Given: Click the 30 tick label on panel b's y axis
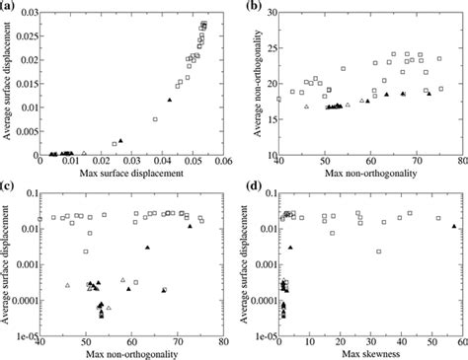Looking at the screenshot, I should tap(269, 12).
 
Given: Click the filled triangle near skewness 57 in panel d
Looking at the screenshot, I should tap(454, 226).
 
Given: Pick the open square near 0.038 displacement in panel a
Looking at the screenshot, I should tap(155, 119).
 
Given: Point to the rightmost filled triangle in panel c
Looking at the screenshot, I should tap(191, 226).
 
